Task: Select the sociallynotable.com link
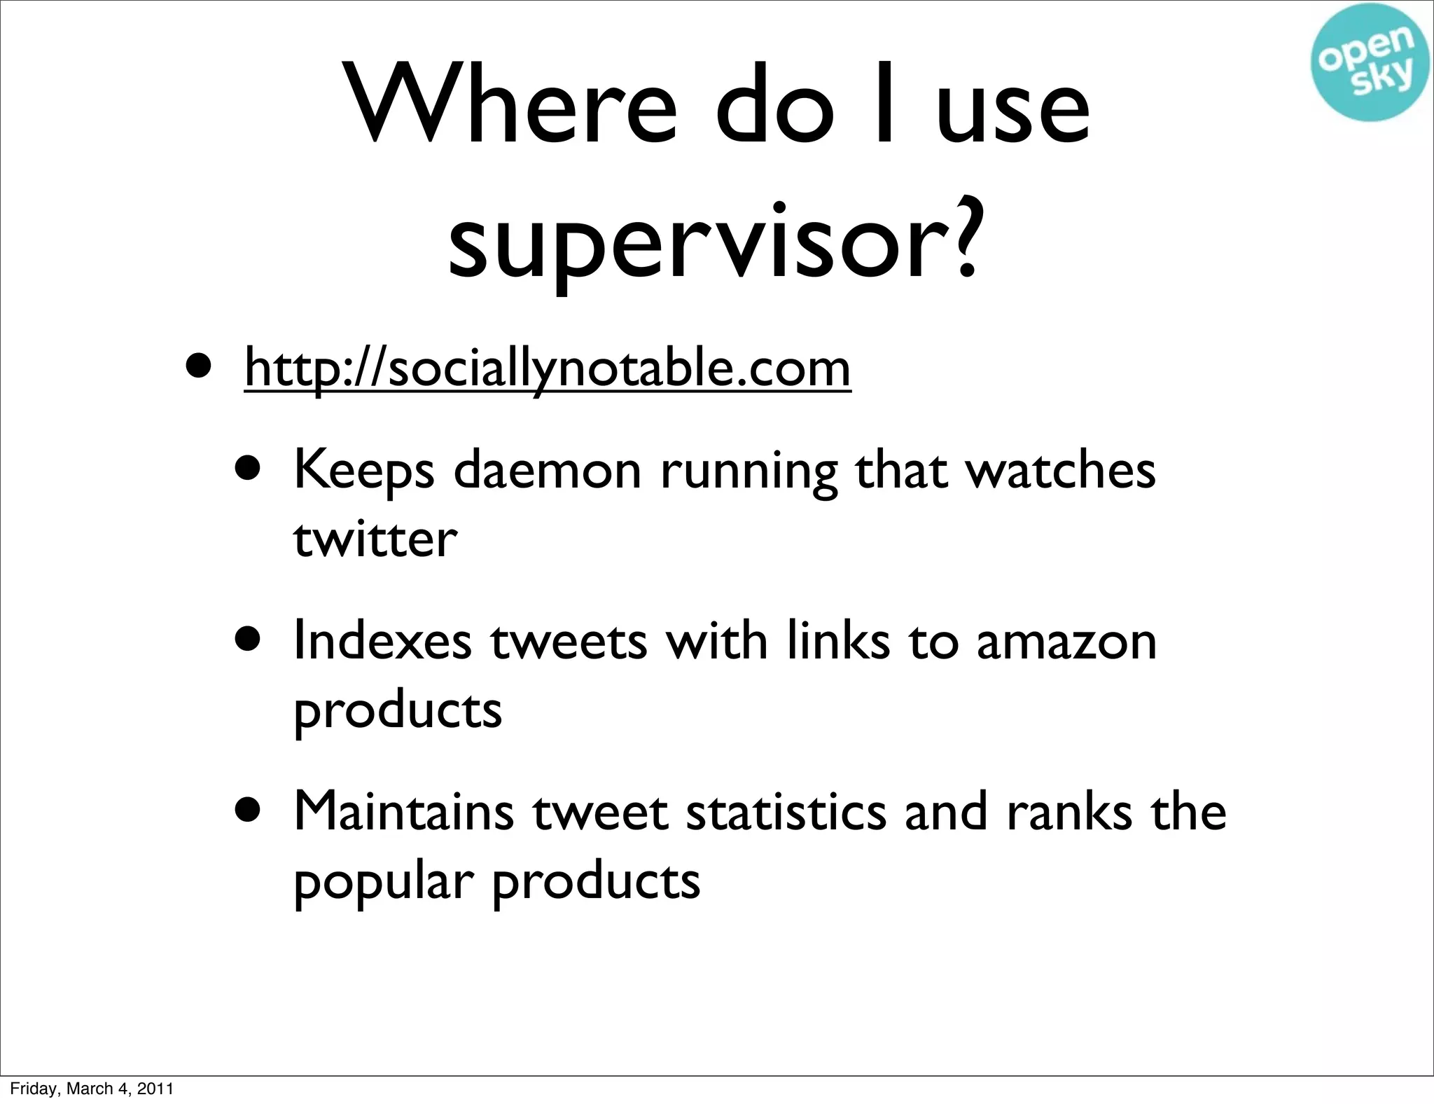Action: [548, 369]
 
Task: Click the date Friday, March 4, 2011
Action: [92, 1089]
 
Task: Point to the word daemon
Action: [547, 471]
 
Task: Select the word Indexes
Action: [382, 640]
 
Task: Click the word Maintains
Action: [403, 811]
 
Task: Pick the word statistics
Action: [786, 811]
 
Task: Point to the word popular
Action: [380, 881]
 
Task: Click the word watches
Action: [1060, 471]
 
